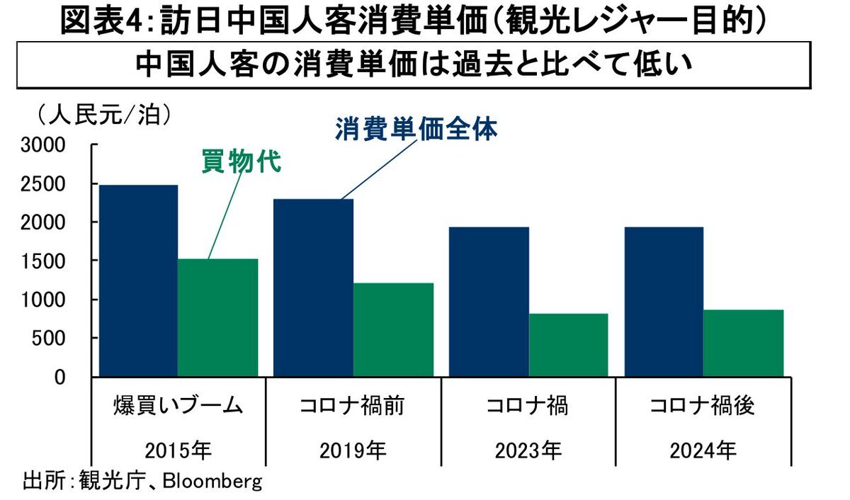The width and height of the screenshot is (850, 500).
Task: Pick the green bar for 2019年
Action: coord(393,329)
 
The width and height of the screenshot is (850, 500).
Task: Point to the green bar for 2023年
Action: coord(568,344)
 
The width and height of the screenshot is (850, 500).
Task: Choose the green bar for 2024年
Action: coord(743,343)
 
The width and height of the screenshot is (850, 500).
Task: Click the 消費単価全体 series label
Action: coord(416,130)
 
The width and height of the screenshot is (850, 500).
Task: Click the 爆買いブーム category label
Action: coord(178,407)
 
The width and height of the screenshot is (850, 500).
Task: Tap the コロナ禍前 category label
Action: coord(353,407)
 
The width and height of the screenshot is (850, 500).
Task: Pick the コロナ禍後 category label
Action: coord(702,407)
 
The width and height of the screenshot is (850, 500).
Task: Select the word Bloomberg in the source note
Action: coord(212,482)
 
